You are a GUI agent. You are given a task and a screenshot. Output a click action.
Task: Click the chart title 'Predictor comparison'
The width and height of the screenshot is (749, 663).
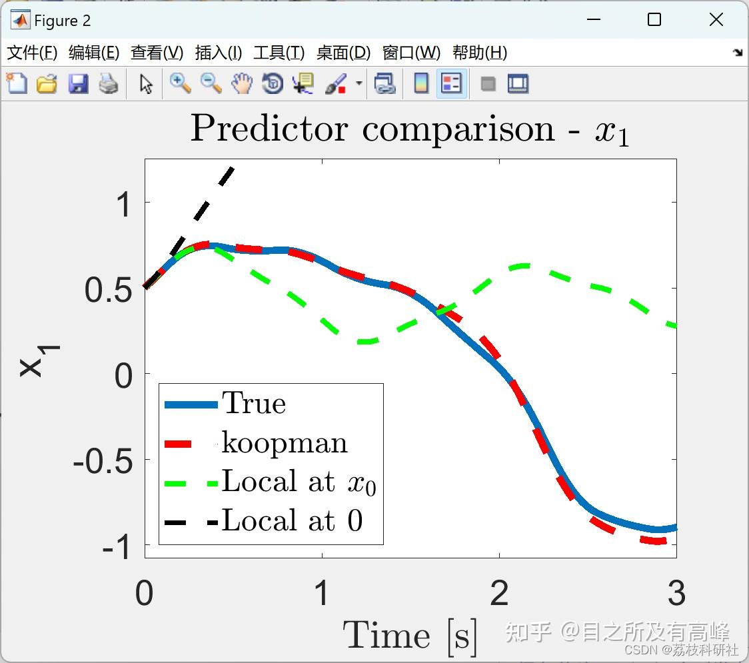[x=373, y=129]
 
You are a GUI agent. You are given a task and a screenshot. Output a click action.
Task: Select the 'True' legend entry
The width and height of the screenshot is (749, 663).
[x=225, y=404]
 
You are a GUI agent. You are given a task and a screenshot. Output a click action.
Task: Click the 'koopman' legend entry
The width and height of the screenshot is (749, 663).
[x=256, y=443]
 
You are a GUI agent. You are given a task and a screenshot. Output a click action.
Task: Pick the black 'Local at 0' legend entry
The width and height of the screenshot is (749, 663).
[x=263, y=520]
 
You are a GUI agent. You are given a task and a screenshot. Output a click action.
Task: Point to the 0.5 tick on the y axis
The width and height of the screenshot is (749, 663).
[x=108, y=289]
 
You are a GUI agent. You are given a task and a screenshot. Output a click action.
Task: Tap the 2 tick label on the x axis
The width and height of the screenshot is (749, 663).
[x=499, y=593]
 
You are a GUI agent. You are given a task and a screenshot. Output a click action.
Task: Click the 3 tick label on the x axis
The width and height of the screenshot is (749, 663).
[x=676, y=593]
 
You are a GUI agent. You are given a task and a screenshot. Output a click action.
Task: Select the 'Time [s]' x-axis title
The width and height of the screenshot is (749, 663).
[x=410, y=636]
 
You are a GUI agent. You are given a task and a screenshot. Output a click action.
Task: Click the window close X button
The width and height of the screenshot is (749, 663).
[x=716, y=19]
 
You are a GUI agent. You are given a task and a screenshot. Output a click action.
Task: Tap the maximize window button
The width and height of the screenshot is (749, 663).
[x=654, y=19]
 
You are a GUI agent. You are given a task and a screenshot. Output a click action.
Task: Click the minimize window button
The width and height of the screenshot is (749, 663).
[x=594, y=19]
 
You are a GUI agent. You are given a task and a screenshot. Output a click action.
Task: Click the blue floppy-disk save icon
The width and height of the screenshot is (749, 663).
[x=78, y=83]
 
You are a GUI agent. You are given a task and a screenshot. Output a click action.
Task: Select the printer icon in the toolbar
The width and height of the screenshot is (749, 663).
[x=109, y=83]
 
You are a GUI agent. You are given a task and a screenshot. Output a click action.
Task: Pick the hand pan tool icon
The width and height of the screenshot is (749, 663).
[x=242, y=83]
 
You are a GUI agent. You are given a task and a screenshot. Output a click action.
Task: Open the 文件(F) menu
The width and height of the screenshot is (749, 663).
[x=32, y=53]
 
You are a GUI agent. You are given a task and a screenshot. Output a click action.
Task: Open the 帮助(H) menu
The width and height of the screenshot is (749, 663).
[x=480, y=53]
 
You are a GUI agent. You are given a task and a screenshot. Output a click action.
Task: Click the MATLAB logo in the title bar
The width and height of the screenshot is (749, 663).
[x=21, y=20]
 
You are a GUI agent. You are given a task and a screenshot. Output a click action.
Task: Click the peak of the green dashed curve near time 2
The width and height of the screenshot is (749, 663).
[x=524, y=266]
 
